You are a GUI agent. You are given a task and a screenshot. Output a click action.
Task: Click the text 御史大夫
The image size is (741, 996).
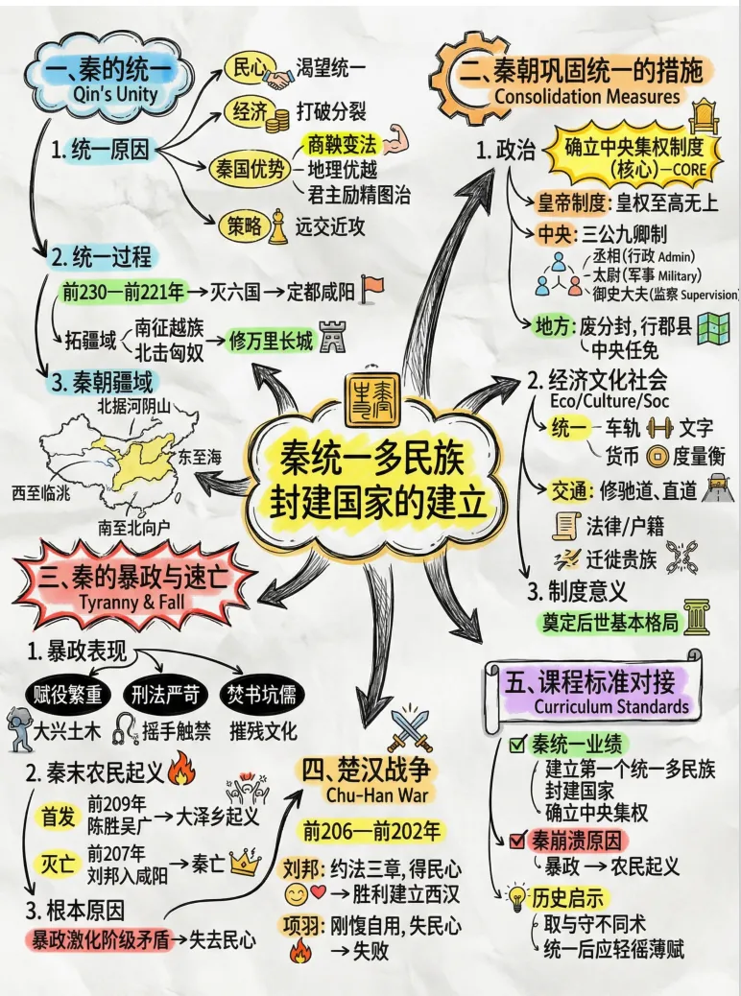coord(613,294)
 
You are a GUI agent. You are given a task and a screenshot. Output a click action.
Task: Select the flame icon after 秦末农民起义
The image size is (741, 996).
coord(180,769)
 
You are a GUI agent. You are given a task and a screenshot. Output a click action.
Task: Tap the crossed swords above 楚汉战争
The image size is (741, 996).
coord(409,733)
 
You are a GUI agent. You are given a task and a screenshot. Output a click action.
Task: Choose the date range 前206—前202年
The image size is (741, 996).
coord(371,830)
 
